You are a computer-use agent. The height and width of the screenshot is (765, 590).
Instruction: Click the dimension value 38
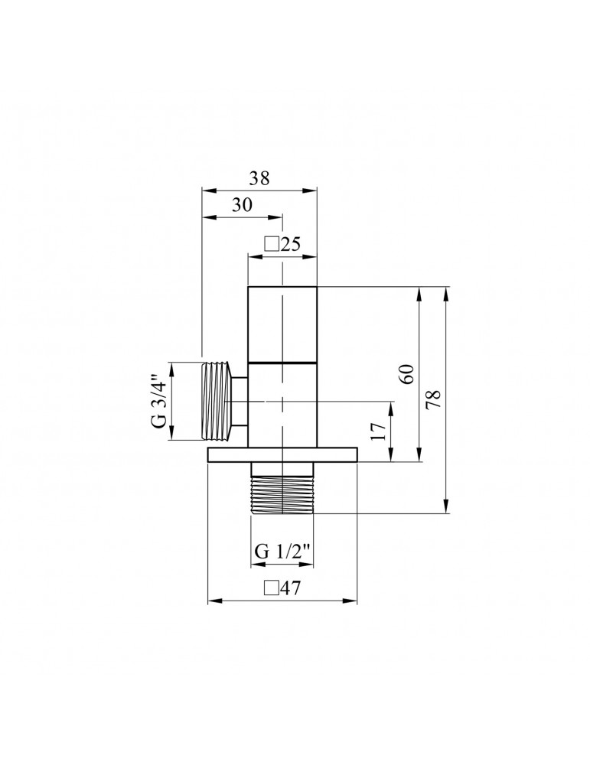click(x=260, y=177)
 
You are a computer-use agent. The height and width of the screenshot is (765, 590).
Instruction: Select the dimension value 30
click(x=242, y=206)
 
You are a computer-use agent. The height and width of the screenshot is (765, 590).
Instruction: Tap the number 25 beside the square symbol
click(x=289, y=244)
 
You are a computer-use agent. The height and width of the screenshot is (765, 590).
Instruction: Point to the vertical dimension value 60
click(x=407, y=374)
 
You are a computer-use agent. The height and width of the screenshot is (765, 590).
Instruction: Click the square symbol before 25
click(x=270, y=244)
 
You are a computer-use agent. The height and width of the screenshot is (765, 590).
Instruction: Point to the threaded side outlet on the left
click(x=217, y=402)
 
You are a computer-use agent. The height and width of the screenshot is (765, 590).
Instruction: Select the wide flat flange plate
click(x=282, y=455)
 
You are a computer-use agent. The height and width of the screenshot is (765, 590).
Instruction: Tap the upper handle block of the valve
click(x=282, y=323)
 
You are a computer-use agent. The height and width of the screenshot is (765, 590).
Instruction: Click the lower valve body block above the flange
click(x=282, y=405)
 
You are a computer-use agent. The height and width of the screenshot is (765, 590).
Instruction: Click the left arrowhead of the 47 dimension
click(x=214, y=601)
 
